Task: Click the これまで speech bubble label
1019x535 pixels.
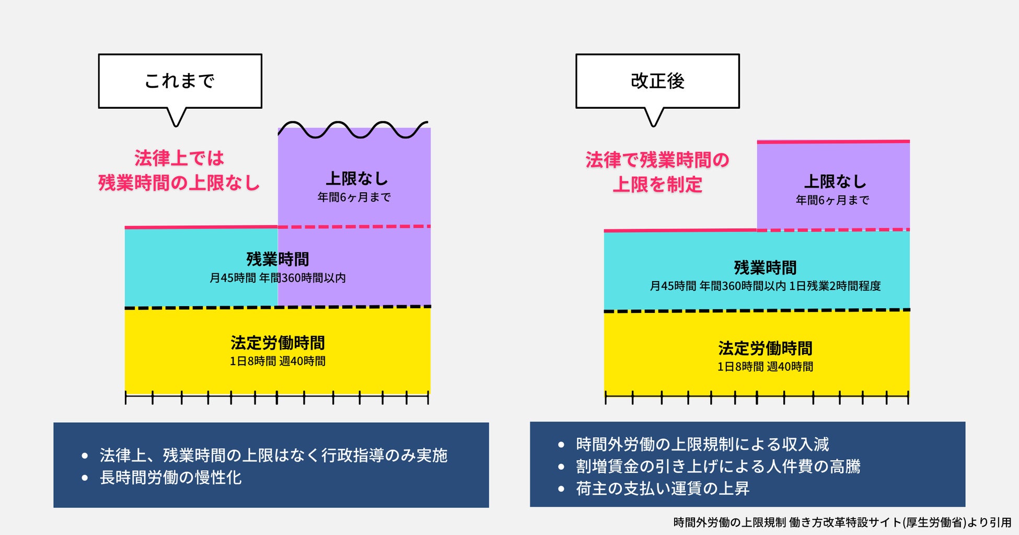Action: pos(180,81)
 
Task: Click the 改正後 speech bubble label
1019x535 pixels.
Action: pos(657,81)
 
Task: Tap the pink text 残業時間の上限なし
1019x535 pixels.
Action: pos(179,183)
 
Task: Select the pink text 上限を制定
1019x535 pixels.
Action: pos(657,184)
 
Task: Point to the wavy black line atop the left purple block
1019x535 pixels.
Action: pos(353,129)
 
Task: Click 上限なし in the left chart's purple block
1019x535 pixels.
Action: pos(357,179)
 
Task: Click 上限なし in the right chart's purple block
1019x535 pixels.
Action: pos(835,181)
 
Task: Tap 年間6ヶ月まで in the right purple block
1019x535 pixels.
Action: pos(832,200)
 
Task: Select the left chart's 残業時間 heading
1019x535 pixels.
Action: pos(277,259)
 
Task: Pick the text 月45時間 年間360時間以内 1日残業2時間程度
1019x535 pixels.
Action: pos(765,286)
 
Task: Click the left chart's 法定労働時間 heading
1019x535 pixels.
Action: pos(277,343)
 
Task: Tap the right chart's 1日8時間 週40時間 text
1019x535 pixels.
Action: pos(765,367)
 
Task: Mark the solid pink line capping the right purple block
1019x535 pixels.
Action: pos(833,142)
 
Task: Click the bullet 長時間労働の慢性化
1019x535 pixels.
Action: pos(170,478)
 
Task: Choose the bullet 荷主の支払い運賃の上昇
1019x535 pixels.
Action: pos(662,489)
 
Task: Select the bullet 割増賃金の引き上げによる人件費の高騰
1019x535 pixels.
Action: pos(717,466)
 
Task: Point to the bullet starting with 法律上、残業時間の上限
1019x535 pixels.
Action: pos(273,456)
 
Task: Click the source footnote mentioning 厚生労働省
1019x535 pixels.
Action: pos(842,522)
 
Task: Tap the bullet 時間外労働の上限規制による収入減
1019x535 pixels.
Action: pos(702,444)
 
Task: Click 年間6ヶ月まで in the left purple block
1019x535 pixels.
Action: pos(354,197)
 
